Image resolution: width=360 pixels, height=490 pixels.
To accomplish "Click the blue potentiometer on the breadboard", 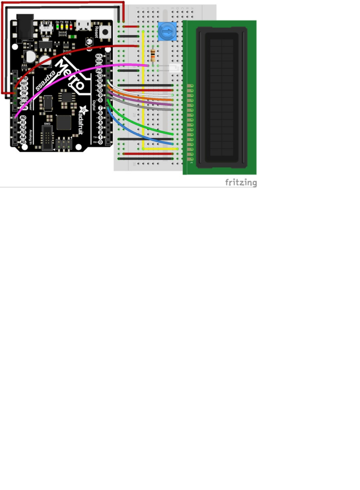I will [167, 31].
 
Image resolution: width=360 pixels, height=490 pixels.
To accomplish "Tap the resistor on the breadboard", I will [153, 56].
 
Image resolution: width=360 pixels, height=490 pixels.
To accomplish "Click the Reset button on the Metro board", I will [105, 32].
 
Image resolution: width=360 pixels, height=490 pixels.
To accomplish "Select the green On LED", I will [57, 27].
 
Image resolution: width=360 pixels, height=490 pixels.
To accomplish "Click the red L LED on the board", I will [71, 27].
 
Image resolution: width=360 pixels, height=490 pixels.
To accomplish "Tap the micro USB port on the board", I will [83, 25].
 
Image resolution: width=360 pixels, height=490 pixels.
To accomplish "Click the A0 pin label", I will [23, 118].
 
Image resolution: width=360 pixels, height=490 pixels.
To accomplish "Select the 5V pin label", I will [24, 93].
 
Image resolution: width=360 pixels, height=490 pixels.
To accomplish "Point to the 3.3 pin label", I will [24, 88].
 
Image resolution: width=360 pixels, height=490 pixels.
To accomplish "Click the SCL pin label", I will [99, 56].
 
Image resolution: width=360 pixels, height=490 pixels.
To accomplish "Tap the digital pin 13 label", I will [100, 76].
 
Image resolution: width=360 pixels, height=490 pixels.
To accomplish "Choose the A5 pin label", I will [23, 142].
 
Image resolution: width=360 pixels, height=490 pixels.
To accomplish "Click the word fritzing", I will [241, 182].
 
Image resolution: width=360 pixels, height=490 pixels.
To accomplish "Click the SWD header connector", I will [47, 138].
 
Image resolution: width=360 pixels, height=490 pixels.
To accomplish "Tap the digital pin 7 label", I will [100, 108].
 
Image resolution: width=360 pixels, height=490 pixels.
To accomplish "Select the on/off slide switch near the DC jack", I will [46, 27].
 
